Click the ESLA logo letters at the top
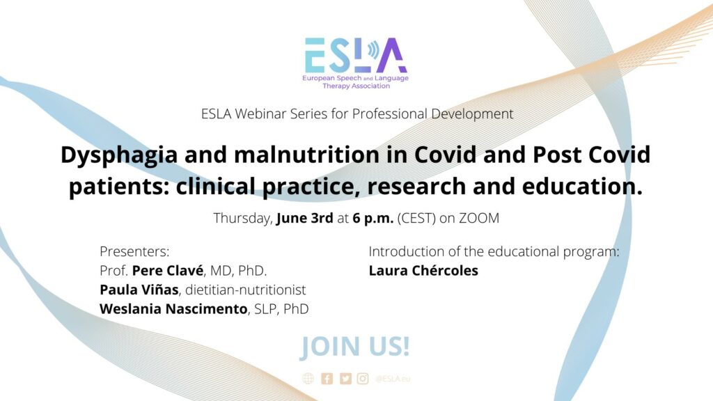(356, 55)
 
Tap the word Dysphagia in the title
(119, 156)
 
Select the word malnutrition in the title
(307, 155)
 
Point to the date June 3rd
(305, 218)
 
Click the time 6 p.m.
(373, 219)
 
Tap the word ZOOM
(479, 218)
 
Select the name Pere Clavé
(168, 271)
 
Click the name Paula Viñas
(139, 290)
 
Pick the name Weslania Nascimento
(173, 308)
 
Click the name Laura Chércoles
(423, 271)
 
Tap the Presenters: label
(134, 251)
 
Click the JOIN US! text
(354, 347)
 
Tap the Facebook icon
(327, 379)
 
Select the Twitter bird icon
(345, 379)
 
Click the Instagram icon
(363, 379)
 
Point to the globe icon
(308, 379)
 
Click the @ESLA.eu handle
(393, 379)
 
